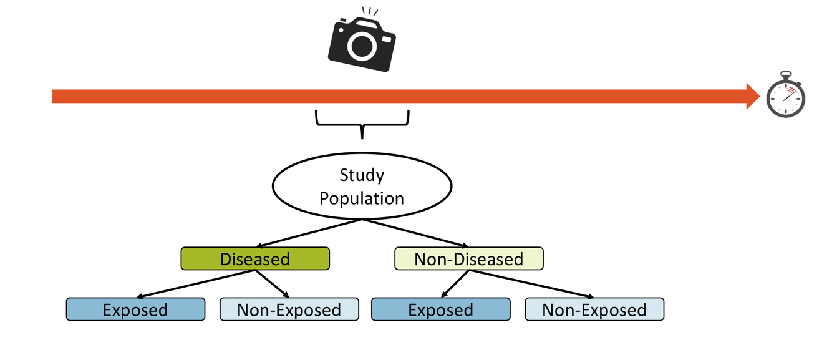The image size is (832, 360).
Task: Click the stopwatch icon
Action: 786,96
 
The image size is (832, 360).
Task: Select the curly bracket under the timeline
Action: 362,122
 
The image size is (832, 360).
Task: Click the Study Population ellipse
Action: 362,187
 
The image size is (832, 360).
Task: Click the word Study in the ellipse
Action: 362,175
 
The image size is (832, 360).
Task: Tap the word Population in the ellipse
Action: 362,198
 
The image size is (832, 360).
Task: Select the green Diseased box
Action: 254,258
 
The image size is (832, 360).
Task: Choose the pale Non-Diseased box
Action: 468,258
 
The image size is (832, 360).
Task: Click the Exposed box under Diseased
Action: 135,309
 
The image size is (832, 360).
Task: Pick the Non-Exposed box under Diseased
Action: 289,309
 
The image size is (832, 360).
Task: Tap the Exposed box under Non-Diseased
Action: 440,309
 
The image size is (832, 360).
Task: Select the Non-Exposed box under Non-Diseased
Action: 594,309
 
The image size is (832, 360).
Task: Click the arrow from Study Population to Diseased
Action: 309,233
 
